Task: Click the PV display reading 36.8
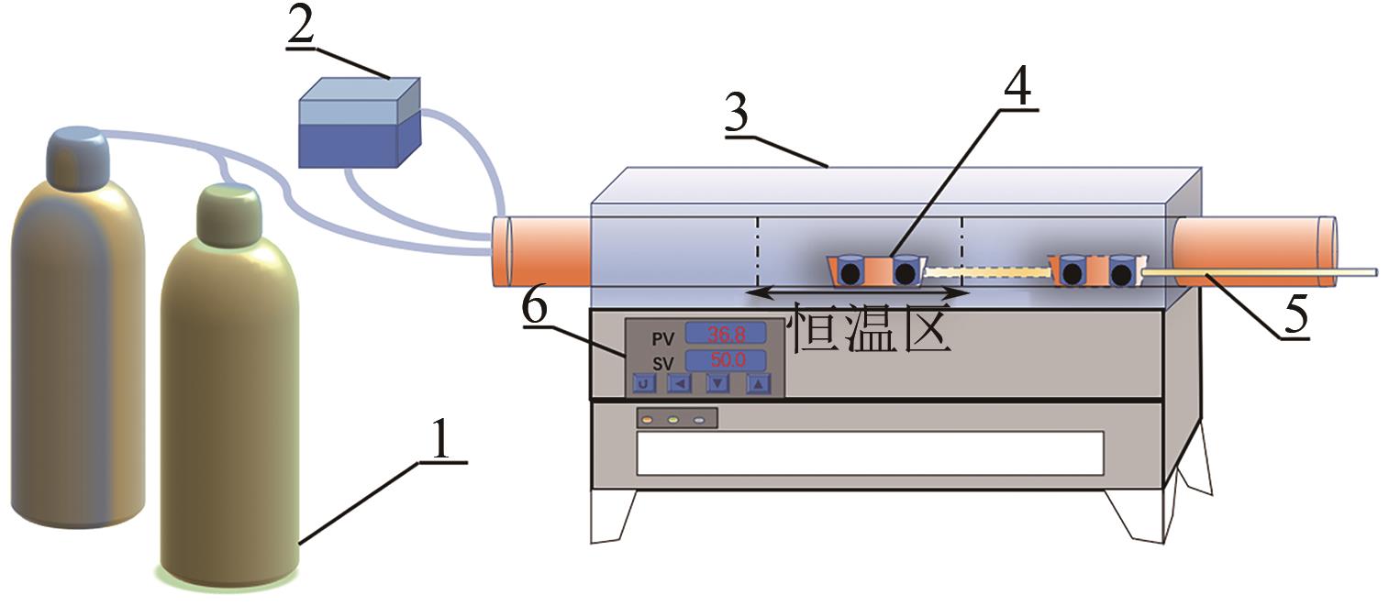tap(727, 333)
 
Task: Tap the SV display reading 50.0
tap(727, 359)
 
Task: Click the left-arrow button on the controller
tap(679, 384)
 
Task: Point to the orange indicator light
tap(647, 420)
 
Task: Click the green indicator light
tap(672, 420)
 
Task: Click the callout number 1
tap(441, 443)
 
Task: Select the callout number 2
tap(300, 28)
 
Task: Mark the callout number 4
tap(1017, 88)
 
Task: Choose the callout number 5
tap(1295, 315)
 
